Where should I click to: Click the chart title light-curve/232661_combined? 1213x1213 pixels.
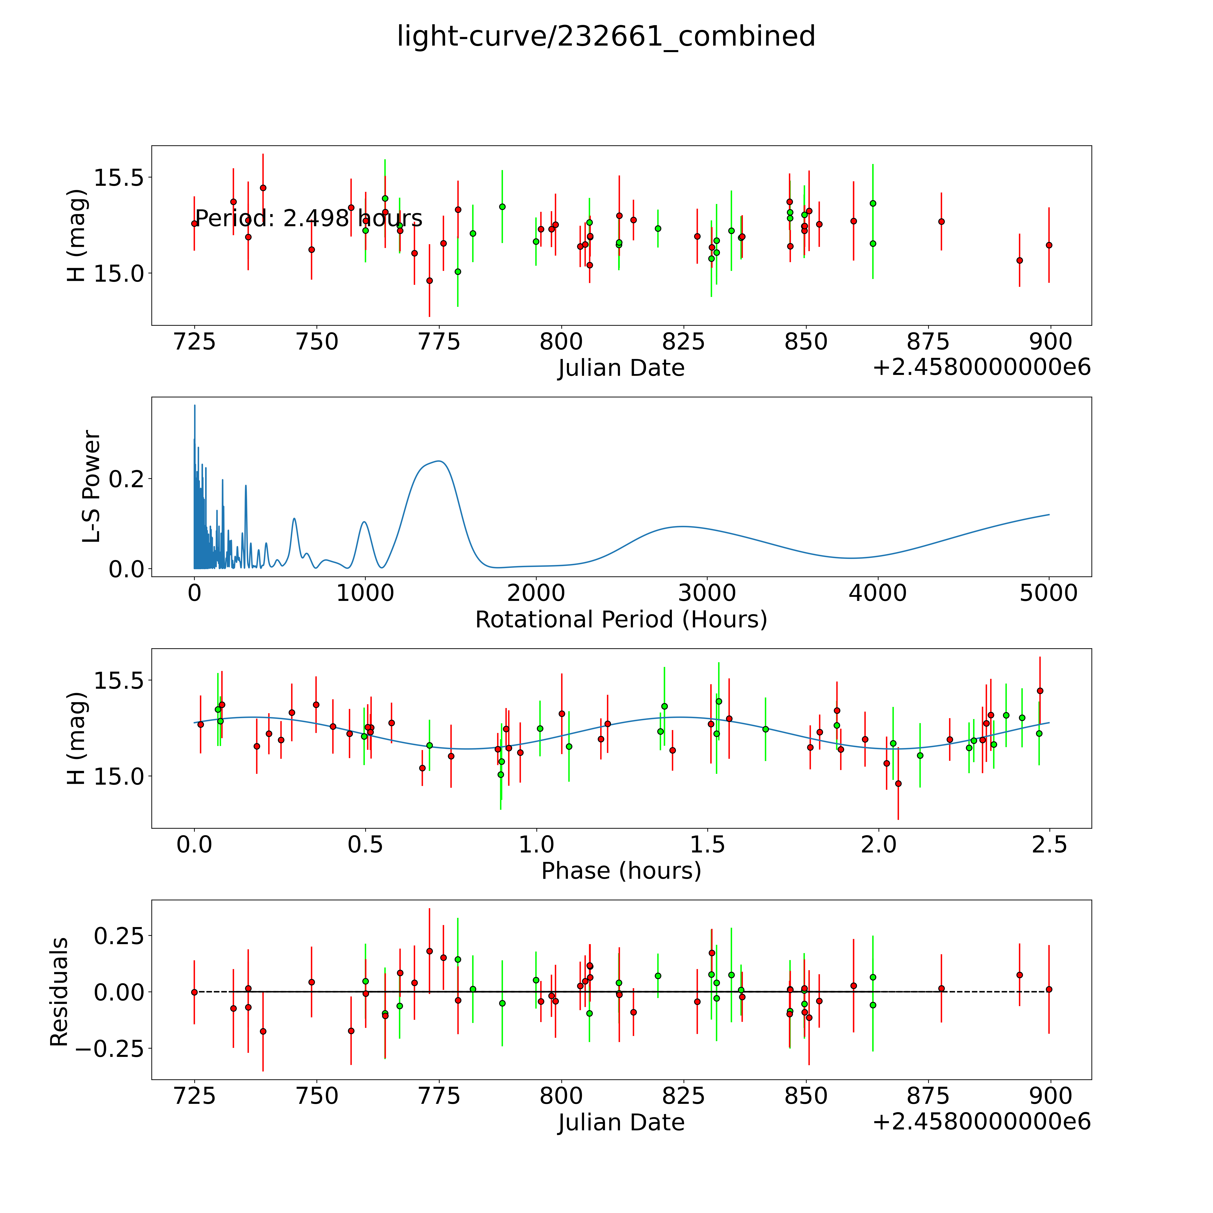[606, 36]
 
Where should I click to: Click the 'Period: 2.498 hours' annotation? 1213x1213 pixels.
[308, 219]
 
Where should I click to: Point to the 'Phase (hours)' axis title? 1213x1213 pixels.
[621, 871]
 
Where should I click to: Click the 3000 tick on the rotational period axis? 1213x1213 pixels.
[707, 593]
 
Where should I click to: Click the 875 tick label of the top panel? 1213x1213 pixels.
[929, 341]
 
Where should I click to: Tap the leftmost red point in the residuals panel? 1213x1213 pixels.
[195, 992]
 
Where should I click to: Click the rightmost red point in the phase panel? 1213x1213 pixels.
[1040, 691]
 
